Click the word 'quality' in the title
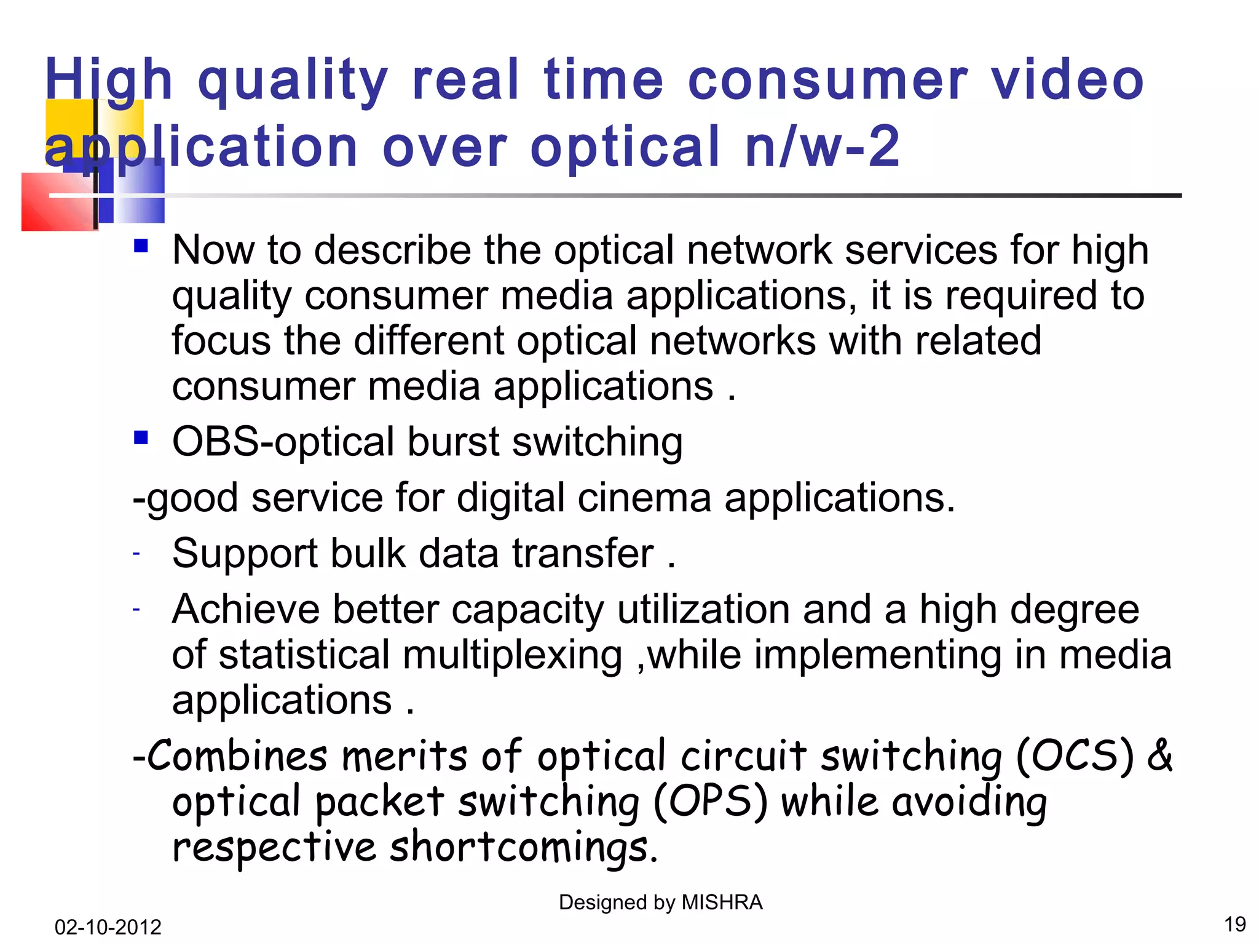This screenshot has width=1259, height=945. pyautogui.click(x=293, y=82)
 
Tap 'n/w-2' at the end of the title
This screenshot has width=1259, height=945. pyautogui.click(x=823, y=148)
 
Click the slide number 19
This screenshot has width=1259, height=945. pyautogui.click(x=1234, y=925)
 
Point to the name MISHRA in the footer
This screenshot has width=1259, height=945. pyautogui.click(x=722, y=903)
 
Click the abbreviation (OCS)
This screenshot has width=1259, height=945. pyautogui.click(x=1074, y=756)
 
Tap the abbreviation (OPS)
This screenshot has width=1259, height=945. pyautogui.click(x=710, y=802)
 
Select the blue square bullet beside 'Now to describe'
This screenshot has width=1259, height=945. pyautogui.click(x=141, y=246)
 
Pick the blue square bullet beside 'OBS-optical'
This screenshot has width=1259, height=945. pyautogui.click(x=141, y=438)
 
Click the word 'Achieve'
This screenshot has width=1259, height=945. pyautogui.click(x=245, y=610)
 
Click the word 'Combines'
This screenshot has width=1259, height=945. pyautogui.click(x=237, y=756)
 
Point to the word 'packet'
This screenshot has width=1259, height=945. pyautogui.click(x=379, y=802)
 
